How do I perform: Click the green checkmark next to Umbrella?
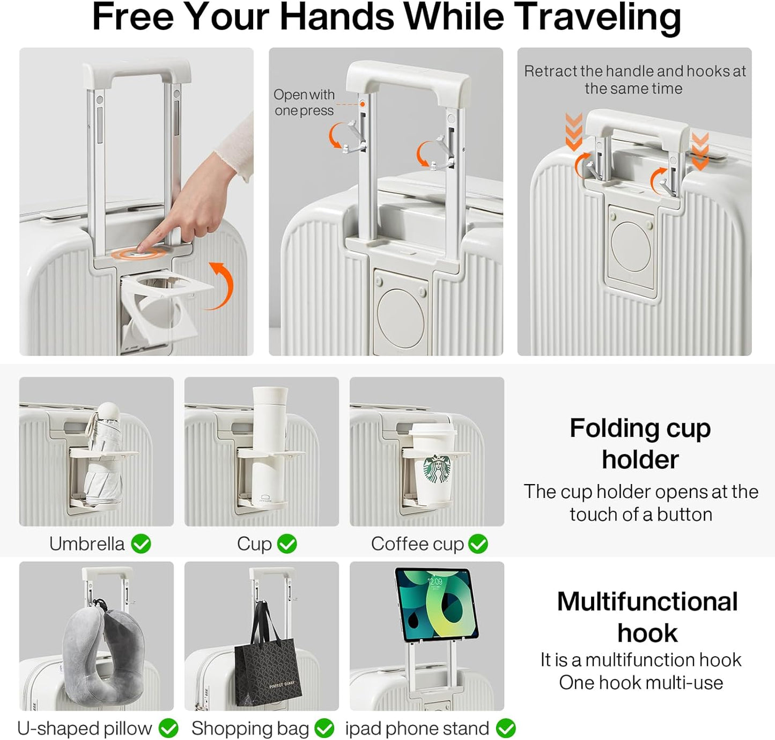[x=141, y=544]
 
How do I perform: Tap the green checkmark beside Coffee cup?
[x=478, y=544]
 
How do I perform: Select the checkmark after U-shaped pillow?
[x=168, y=728]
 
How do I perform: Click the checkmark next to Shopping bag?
[x=324, y=728]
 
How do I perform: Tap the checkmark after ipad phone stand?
[x=506, y=728]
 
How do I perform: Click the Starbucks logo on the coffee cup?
[x=438, y=470]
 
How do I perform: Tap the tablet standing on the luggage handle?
[x=436, y=604]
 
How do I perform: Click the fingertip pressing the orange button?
[x=143, y=247]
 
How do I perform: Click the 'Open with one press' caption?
[x=304, y=102]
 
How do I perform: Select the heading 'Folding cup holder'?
[x=640, y=443]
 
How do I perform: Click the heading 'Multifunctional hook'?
[x=647, y=617]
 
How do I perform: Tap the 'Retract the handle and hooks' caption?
[x=634, y=79]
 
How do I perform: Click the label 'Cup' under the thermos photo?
[x=254, y=544]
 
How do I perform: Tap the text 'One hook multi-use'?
[x=640, y=683]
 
